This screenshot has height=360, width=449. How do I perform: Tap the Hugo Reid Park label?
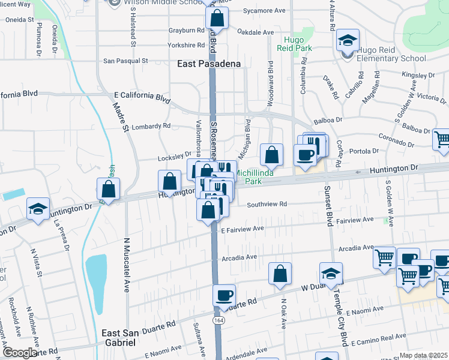(295, 45)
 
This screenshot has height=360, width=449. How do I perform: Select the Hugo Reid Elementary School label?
(391, 55)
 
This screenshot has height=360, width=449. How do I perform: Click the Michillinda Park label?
(256, 176)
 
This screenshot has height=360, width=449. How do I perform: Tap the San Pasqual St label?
(125, 61)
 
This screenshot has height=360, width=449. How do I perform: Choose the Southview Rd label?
(267, 204)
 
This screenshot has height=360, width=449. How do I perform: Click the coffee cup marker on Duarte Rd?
(224, 295)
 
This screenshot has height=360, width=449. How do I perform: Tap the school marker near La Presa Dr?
(38, 209)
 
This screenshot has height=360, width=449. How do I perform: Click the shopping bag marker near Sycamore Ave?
(217, 17)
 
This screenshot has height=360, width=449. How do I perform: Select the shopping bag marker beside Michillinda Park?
(271, 154)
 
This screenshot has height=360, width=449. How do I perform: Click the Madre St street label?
(121, 117)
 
